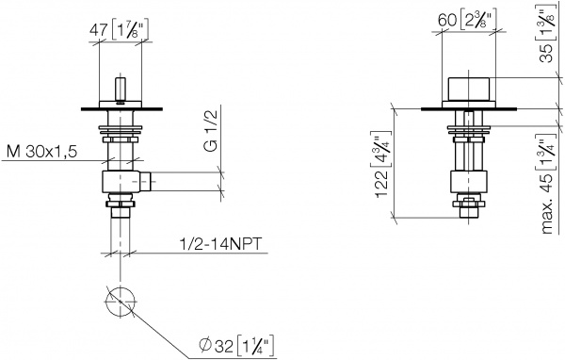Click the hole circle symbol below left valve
coord(119,303)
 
